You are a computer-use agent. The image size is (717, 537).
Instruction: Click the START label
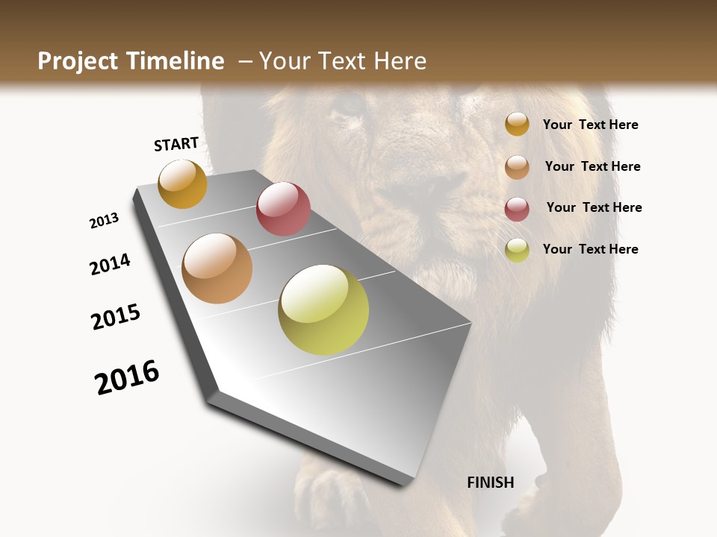click(176, 144)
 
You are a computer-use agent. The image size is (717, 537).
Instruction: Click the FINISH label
click(490, 483)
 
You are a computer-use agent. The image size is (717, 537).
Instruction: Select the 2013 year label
click(104, 221)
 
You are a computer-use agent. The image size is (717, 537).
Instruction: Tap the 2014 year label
click(110, 265)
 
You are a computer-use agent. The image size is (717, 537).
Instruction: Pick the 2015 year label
click(116, 317)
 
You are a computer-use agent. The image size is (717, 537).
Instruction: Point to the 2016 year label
click(127, 377)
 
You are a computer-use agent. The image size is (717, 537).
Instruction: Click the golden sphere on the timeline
click(182, 183)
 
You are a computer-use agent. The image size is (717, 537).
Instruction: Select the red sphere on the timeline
click(283, 208)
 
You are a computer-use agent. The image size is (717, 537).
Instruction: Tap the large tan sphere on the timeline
click(217, 268)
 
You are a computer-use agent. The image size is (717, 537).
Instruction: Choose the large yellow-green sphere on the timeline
click(323, 310)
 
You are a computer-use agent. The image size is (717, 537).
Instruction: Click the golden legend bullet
click(517, 125)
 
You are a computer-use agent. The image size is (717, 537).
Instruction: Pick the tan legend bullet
click(517, 166)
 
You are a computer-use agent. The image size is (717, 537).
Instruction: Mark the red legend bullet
click(517, 208)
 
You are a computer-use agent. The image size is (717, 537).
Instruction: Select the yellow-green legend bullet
click(517, 249)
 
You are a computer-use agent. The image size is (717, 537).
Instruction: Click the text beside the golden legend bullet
click(590, 125)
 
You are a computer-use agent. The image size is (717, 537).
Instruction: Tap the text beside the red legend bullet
click(594, 207)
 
